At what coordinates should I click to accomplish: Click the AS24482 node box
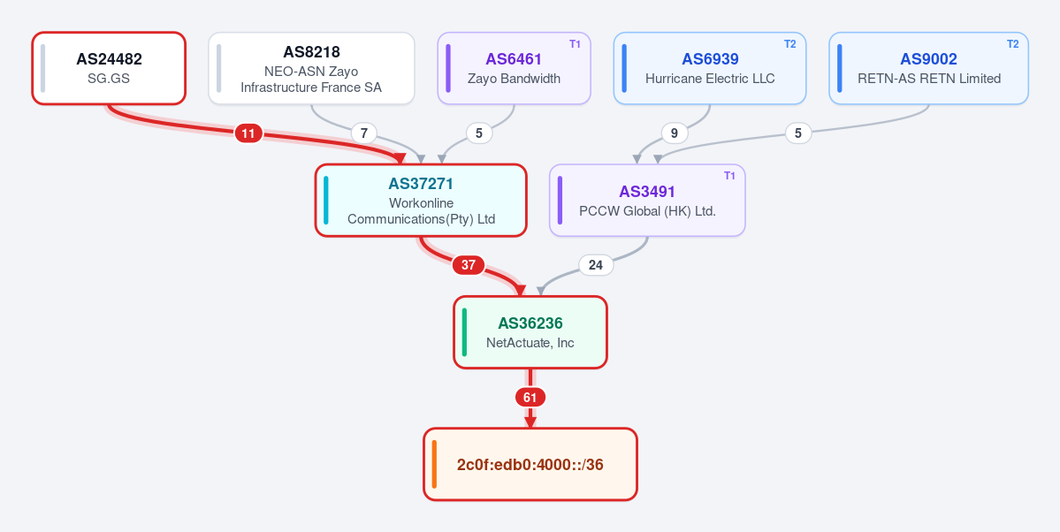pyautogui.click(x=109, y=68)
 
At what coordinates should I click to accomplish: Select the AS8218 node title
pyautogui.click(x=312, y=51)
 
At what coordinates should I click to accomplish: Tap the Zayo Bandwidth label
pyautogui.click(x=514, y=79)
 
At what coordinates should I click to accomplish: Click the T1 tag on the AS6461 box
pyautogui.click(x=575, y=44)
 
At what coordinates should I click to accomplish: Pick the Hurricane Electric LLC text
pyautogui.click(x=710, y=79)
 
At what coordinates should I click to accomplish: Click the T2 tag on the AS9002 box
pyautogui.click(x=1012, y=44)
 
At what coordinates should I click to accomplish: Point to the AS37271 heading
pyautogui.click(x=421, y=183)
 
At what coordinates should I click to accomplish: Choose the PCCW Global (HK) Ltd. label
pyautogui.click(x=647, y=211)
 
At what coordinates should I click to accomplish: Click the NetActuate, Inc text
pyautogui.click(x=530, y=343)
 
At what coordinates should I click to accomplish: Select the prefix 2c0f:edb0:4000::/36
pyautogui.click(x=530, y=465)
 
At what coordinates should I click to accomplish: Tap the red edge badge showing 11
pyautogui.click(x=248, y=133)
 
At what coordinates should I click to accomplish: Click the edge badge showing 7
pyautogui.click(x=363, y=133)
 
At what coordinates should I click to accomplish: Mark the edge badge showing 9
pyautogui.click(x=674, y=133)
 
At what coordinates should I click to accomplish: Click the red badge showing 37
pyautogui.click(x=469, y=265)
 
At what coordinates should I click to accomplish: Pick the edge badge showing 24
pyautogui.click(x=596, y=265)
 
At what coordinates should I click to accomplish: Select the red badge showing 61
pyautogui.click(x=530, y=398)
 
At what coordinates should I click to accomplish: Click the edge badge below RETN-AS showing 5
pyautogui.click(x=798, y=133)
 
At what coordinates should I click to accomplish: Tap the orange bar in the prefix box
pyautogui.click(x=434, y=465)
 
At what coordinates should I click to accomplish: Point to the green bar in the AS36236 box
pyautogui.click(x=464, y=332)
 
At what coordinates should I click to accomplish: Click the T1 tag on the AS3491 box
pyautogui.click(x=729, y=176)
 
